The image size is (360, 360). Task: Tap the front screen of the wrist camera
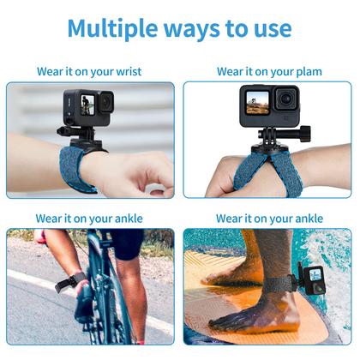pos(86,105)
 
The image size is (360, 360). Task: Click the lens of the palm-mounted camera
pos(284,102)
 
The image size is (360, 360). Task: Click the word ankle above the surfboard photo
pos(306,219)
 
